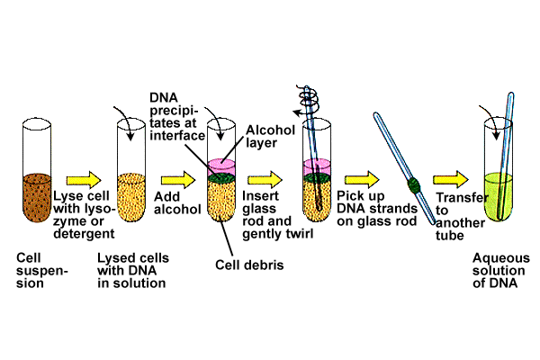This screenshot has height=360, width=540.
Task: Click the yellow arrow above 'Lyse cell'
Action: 84,180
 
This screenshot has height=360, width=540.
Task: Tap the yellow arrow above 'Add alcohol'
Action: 178,179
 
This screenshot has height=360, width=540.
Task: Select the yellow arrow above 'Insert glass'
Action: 265,179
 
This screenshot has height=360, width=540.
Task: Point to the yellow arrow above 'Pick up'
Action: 362,179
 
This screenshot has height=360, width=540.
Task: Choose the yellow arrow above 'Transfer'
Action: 451,179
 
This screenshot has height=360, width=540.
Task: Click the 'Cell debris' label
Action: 249,265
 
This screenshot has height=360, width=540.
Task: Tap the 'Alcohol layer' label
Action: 270,137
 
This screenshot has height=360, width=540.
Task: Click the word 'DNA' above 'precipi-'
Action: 164,98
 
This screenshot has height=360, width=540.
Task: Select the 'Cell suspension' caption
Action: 41,270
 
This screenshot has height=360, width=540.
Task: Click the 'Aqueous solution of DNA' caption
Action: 500,270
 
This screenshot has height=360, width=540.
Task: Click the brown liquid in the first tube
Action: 37,197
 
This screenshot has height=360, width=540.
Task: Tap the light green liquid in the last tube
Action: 498,196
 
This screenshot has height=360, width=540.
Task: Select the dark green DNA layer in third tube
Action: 221,178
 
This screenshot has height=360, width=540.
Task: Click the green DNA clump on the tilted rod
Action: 414,185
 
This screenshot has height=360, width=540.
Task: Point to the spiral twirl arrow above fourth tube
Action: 308,100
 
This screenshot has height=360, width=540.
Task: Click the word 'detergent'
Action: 84,234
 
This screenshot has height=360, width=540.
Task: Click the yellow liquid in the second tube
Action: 131,197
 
